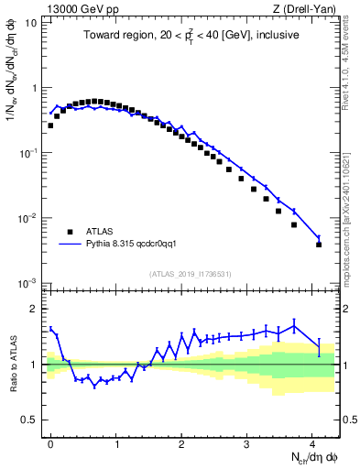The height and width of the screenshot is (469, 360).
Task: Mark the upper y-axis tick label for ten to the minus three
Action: (x=30, y=283)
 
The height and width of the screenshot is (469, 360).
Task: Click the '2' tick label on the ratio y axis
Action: (x=36, y=308)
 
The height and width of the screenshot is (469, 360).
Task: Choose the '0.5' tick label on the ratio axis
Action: (x=31, y=420)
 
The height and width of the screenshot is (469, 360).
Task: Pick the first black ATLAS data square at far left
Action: (x=50, y=125)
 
